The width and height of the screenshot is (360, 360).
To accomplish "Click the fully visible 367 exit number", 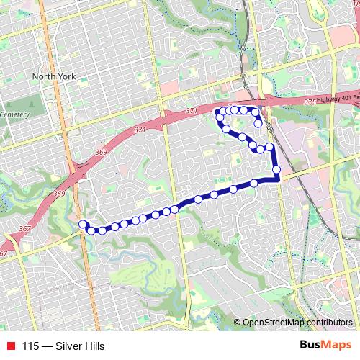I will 24,229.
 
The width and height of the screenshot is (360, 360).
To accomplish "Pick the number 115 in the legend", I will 30,346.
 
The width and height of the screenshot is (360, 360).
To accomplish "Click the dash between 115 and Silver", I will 47,346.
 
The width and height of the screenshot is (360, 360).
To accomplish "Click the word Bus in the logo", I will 311,345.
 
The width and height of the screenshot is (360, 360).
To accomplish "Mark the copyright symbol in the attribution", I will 238,322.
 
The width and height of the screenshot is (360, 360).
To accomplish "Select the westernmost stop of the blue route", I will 83,224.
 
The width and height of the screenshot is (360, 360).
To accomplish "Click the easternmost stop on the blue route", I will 276,170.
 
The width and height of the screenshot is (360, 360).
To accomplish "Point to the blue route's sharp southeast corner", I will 278,181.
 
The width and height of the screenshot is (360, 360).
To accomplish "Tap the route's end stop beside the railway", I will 258,124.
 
